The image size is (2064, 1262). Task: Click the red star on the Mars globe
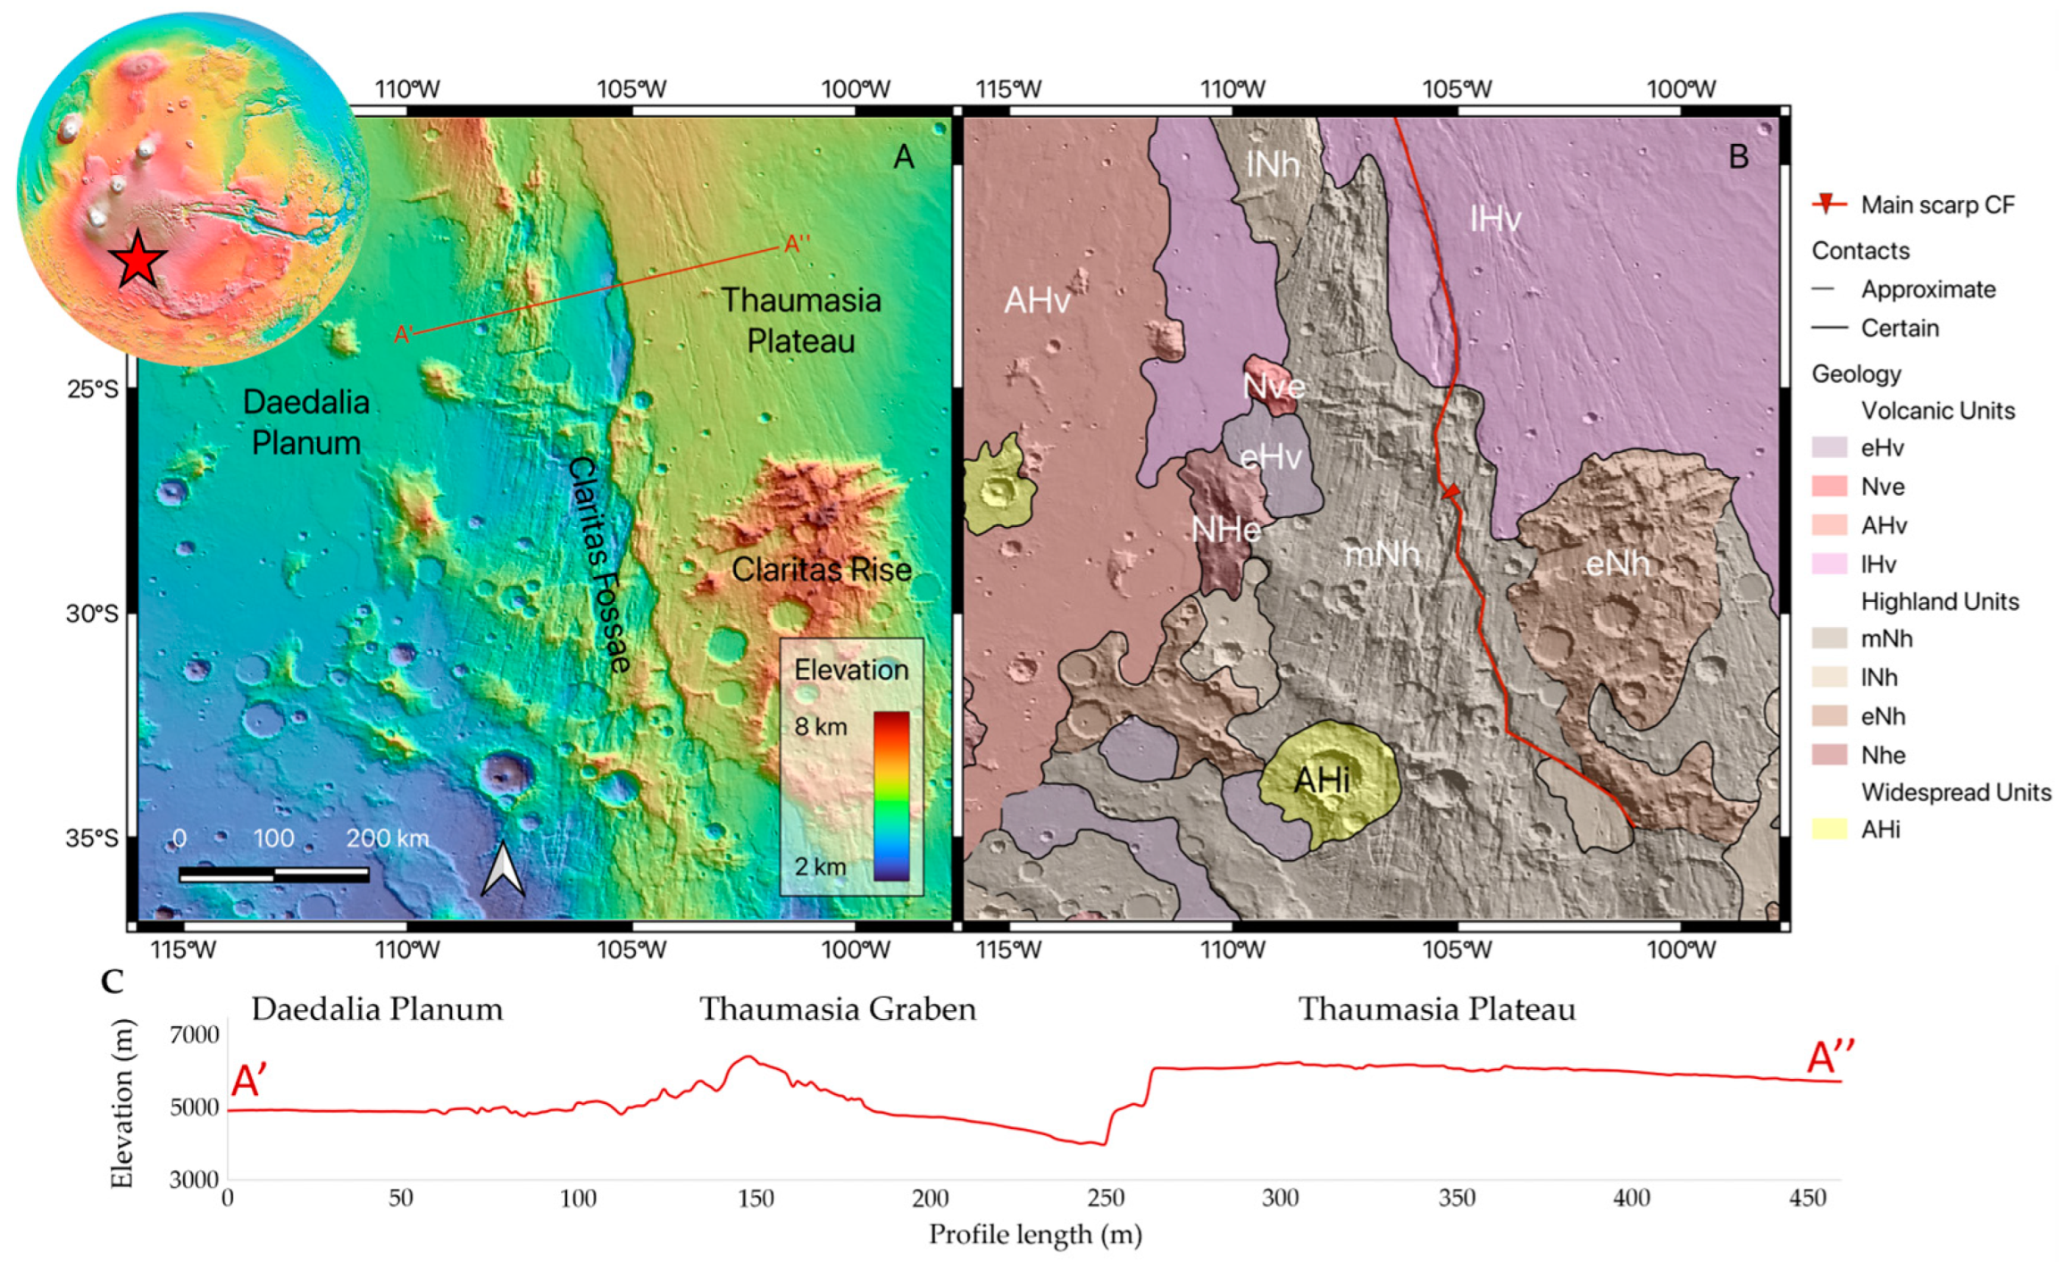point(138,259)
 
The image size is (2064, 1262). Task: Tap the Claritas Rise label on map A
point(821,569)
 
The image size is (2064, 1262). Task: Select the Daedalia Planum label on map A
point(305,422)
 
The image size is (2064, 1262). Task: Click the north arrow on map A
point(503,869)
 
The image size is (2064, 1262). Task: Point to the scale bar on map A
point(273,874)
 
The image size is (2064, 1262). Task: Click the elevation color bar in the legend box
point(890,795)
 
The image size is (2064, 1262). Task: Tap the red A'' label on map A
point(797,244)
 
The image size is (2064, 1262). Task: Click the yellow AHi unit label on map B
point(1322,780)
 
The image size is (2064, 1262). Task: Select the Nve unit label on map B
point(1274,387)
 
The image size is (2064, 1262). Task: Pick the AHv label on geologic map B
point(1036,301)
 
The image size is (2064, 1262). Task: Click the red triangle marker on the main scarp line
point(1451,491)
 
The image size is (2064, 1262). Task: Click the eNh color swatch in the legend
point(1828,716)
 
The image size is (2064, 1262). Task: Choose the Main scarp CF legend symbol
point(1828,205)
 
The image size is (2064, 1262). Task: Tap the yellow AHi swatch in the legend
point(1828,830)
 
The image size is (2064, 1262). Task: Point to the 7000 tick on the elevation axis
point(194,1034)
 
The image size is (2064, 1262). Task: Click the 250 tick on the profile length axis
point(1106,1198)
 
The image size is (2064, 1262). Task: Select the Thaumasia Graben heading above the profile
point(837,1009)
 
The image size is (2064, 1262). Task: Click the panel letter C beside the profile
point(113,982)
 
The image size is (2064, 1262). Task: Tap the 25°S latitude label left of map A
point(92,389)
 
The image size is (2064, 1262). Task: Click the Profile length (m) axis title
point(1035,1234)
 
